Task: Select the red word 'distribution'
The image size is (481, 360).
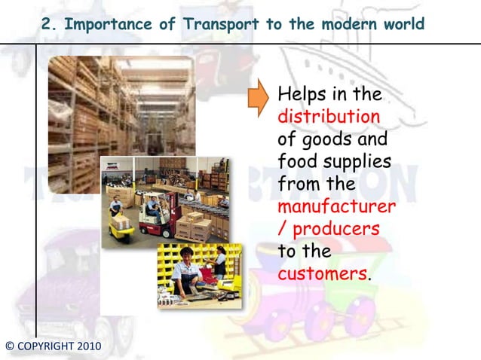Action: click(x=328, y=118)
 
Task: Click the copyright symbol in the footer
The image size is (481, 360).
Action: click(x=8, y=346)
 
